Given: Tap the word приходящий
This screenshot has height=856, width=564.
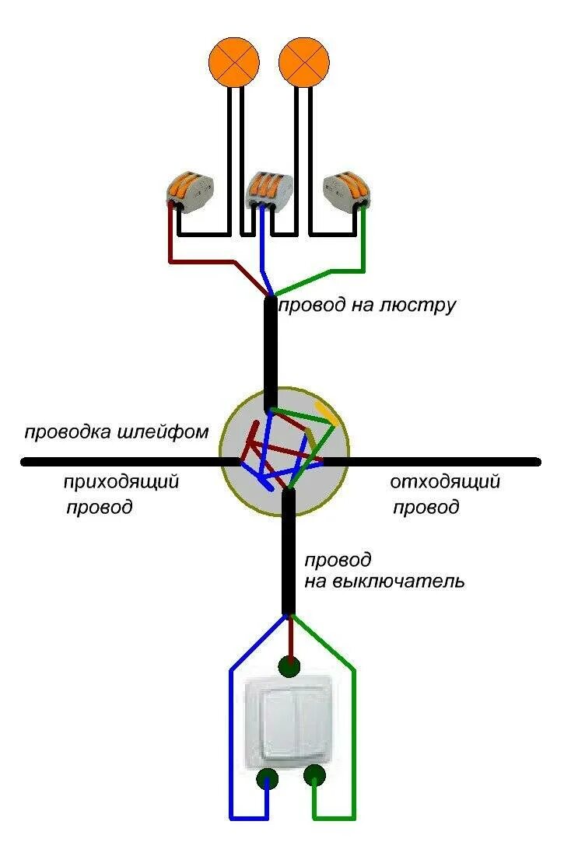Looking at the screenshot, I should tap(121, 482).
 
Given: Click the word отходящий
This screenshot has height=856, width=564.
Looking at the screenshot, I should tap(444, 482).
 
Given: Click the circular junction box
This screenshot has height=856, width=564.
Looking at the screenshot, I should tap(284, 453).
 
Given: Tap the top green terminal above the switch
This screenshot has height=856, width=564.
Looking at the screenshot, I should tap(289, 666).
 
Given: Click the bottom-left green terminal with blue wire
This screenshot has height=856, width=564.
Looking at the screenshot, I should tap(268, 778).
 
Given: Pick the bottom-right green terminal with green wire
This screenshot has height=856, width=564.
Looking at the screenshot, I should tap(314, 774).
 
